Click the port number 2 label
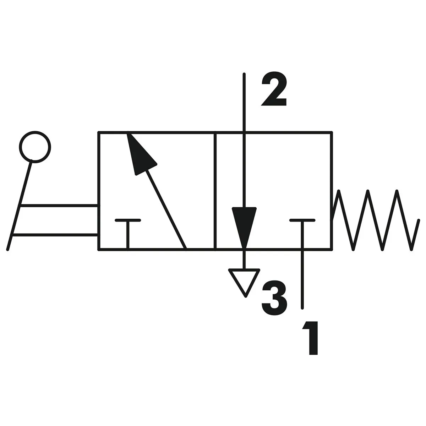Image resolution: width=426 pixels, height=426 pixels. coord(274,91)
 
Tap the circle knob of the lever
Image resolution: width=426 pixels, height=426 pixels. coord(35,146)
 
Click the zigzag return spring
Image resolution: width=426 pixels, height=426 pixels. coord(375,220)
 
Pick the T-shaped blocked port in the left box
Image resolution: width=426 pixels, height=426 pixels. coord(128,231)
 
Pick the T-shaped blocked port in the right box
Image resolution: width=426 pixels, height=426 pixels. coord(302,231)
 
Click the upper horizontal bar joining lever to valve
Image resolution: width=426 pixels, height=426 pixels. coord(59,205)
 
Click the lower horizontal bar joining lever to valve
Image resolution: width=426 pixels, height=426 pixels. coord(55,235)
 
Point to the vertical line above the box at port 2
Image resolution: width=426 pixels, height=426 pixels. coord(244,103)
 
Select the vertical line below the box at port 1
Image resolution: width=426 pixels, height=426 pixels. coord(302,279)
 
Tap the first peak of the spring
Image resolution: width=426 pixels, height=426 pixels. coord(339,192)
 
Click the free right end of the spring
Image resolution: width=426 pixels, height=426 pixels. coord(417,220)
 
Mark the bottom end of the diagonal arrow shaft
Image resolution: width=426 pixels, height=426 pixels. coord(185,248)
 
